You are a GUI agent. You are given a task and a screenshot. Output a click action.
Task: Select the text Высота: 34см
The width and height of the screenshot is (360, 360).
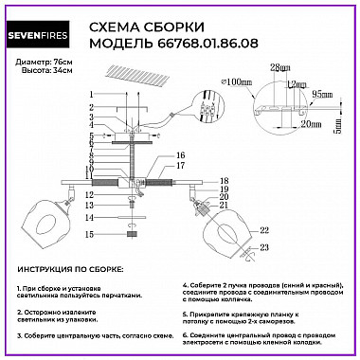pyautogui.click(x=40, y=71)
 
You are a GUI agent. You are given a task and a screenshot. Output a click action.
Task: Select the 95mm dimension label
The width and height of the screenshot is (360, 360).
pyautogui.click(x=328, y=95)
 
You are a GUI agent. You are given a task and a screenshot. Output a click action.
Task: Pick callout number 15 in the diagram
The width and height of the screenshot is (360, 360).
pyautogui.click(x=91, y=233)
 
